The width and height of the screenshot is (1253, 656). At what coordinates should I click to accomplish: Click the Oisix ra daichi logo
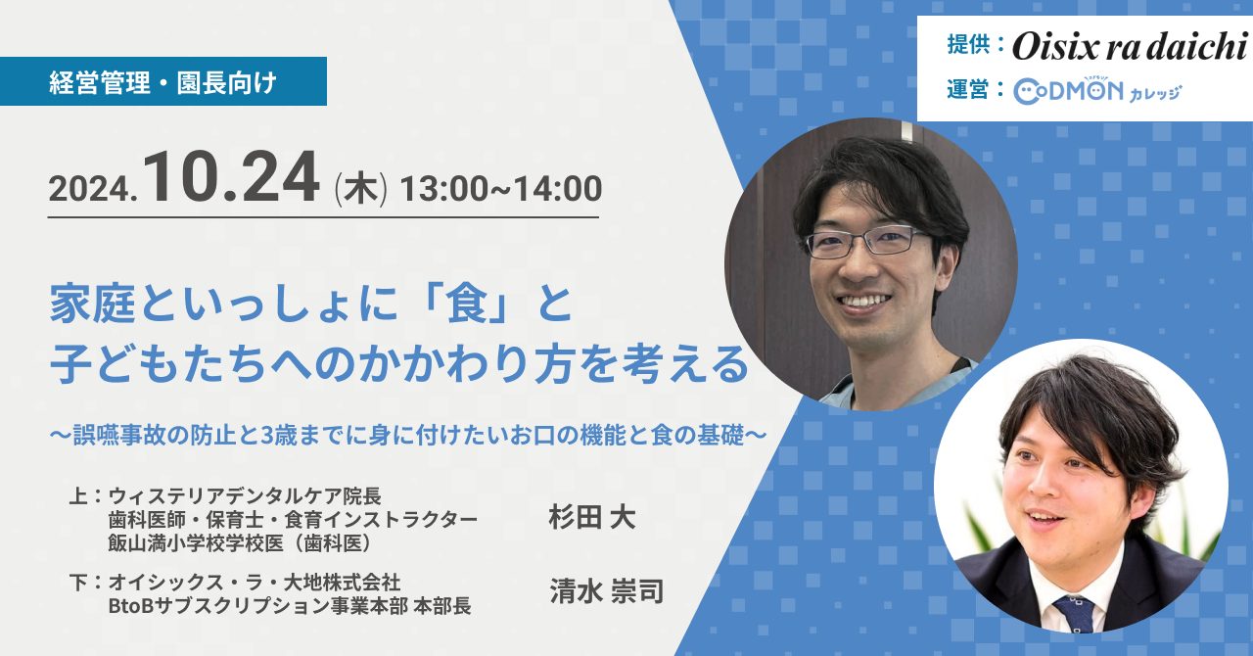click(x=1131, y=46)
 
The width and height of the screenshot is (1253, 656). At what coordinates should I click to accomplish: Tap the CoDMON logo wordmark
click(x=1068, y=91)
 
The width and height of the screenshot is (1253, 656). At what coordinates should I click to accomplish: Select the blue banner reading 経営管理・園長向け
click(x=163, y=81)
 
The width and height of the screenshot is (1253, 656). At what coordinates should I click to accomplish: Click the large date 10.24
click(x=232, y=178)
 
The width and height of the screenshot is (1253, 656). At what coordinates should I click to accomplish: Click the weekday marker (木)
click(x=360, y=189)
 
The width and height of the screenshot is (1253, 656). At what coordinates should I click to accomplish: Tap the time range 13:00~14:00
click(x=501, y=189)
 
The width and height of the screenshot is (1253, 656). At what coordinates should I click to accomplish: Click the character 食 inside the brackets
click(x=465, y=305)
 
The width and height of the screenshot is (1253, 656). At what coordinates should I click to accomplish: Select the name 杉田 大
click(x=592, y=517)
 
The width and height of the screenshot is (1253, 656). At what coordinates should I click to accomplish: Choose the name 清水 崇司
click(x=606, y=591)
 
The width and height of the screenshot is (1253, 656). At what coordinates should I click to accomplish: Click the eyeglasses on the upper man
click(x=866, y=242)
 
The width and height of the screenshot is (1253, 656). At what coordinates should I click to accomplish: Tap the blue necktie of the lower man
click(x=1074, y=613)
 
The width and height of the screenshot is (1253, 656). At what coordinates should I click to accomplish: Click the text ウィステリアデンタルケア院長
click(x=245, y=496)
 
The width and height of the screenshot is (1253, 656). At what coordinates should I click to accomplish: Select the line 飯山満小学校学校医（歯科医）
click(x=240, y=543)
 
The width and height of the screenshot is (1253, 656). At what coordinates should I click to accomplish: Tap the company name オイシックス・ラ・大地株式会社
click(x=255, y=583)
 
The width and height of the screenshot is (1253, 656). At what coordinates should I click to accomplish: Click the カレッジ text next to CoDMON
click(x=1155, y=93)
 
